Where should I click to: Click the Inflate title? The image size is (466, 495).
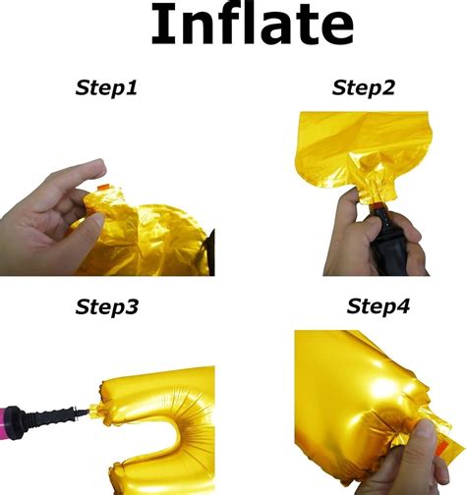point(252,25)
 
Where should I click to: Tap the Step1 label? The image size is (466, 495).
point(106,88)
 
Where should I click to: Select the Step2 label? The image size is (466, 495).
point(363,88)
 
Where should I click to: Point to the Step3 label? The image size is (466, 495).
point(107,306)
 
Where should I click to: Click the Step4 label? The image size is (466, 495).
point(378,306)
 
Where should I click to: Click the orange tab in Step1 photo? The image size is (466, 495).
point(102,188)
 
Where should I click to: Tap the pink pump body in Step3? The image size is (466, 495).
point(3,423)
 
